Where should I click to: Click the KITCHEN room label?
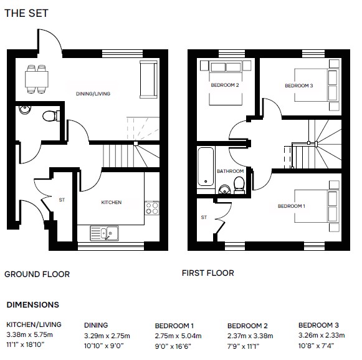pyautogui.click(x=112, y=202)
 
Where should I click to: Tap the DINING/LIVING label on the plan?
pyautogui.click(x=93, y=94)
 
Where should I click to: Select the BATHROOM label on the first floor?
pyautogui.click(x=230, y=171)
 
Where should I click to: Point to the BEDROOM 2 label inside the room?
pyautogui.click(x=225, y=85)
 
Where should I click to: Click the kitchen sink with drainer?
pyautogui.click(x=104, y=233)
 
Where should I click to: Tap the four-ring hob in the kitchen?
pyautogui.click(x=152, y=208)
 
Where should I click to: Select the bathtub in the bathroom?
pyautogui.click(x=206, y=167)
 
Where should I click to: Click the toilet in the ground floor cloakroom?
pyautogui.click(x=51, y=116)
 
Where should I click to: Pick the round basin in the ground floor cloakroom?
pyautogui.click(x=25, y=110)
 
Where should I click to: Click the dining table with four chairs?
pyautogui.click(x=37, y=79)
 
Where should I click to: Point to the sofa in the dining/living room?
pyautogui.click(x=149, y=79)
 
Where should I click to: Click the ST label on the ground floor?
pyautogui.click(x=62, y=200)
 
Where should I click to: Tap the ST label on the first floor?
pyautogui.click(x=204, y=217)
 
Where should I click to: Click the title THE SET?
pyautogui.click(x=26, y=13)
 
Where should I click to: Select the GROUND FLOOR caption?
pyautogui.click(x=37, y=275)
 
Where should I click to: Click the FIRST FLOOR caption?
pyautogui.click(x=207, y=273)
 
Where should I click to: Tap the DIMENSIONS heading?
pyautogui.click(x=33, y=304)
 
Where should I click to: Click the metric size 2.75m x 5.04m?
pyautogui.click(x=178, y=336)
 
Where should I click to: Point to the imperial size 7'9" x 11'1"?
pyautogui.click(x=243, y=346)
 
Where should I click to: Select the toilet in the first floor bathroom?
pyautogui.click(x=239, y=185)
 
